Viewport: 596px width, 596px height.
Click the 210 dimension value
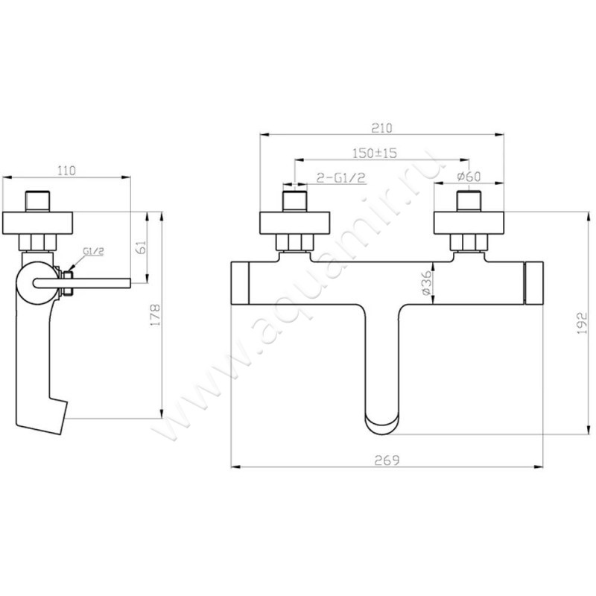tap(381, 127)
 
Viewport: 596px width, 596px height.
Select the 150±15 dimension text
tap(375, 153)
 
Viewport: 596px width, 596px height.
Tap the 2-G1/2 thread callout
tap(341, 177)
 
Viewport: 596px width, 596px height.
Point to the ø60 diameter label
tap(469, 177)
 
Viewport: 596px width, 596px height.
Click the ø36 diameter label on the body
tap(427, 283)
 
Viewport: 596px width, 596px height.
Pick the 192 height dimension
tap(583, 323)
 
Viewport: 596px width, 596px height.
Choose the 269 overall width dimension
tap(387, 460)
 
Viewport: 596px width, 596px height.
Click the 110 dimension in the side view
tap(66, 171)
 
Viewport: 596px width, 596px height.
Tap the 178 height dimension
tap(156, 314)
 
